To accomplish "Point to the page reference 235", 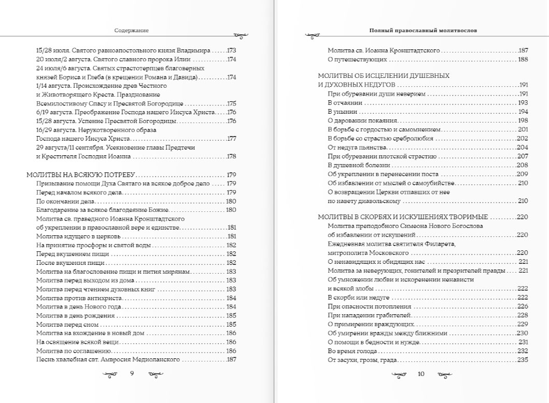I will pos(522,360).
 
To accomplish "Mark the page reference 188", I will pos(523,59).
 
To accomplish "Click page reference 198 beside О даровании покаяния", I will pos(523,120).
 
